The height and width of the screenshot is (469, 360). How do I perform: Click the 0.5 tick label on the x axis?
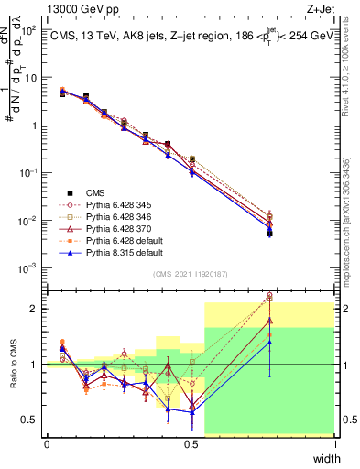point(191,445)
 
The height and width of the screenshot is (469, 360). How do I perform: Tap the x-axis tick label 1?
point(334,445)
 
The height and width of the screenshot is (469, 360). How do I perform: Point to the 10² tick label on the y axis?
point(30,30)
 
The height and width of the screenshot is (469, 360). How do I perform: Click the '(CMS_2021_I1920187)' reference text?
point(191,273)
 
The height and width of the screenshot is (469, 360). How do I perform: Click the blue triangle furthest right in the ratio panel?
point(269,343)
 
